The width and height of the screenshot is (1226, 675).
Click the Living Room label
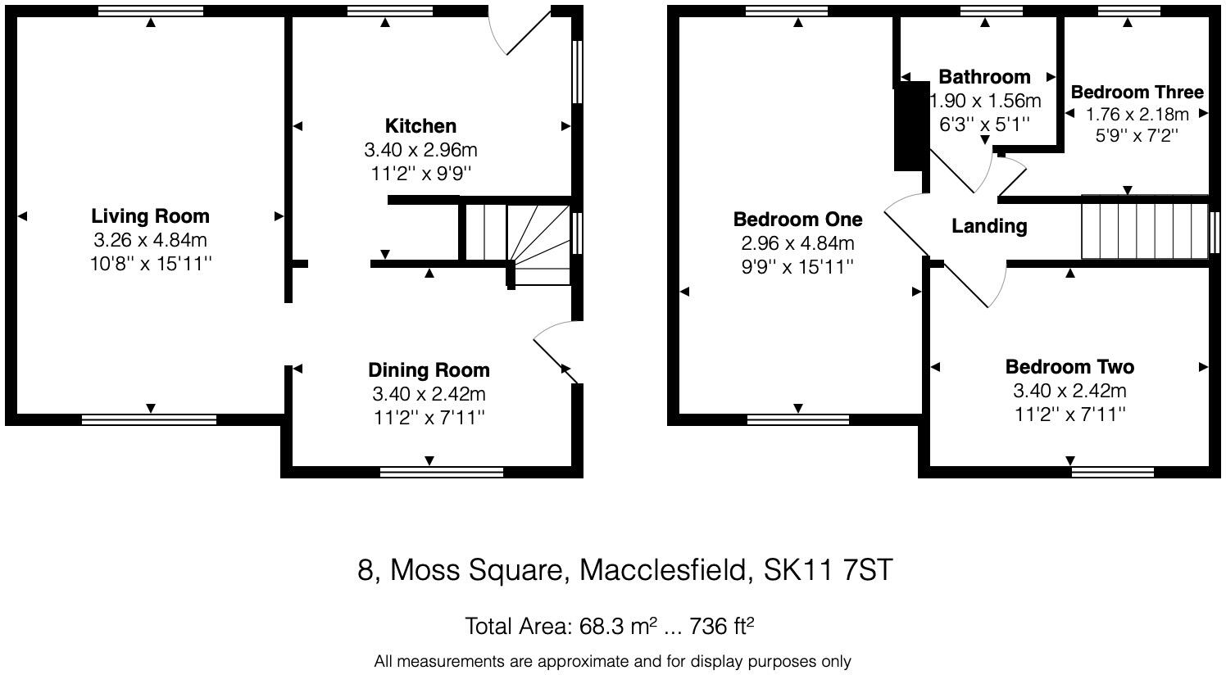[x=150, y=216]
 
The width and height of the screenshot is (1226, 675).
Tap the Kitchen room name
[x=420, y=126]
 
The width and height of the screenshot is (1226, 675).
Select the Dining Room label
[x=429, y=370]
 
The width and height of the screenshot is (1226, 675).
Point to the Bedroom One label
[x=797, y=220]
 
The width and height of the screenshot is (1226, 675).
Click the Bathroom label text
[x=984, y=77]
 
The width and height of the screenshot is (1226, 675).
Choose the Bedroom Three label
[x=1137, y=92]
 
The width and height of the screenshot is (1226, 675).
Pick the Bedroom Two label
[x=1069, y=367]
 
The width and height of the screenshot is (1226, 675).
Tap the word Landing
[x=989, y=226]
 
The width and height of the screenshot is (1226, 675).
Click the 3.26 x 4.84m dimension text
[x=150, y=241]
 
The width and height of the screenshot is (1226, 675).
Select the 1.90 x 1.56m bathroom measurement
[x=985, y=101]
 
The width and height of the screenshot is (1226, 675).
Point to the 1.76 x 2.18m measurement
[x=1137, y=114]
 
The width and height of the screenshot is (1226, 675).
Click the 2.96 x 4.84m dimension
[x=797, y=243]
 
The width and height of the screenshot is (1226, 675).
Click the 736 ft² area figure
[x=721, y=627]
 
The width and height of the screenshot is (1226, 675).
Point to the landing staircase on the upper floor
[x=1144, y=227]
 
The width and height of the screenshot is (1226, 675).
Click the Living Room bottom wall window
[x=149, y=419]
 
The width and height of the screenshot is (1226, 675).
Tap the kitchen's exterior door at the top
[x=518, y=33]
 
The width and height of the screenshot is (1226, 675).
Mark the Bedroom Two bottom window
[x=1112, y=471]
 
